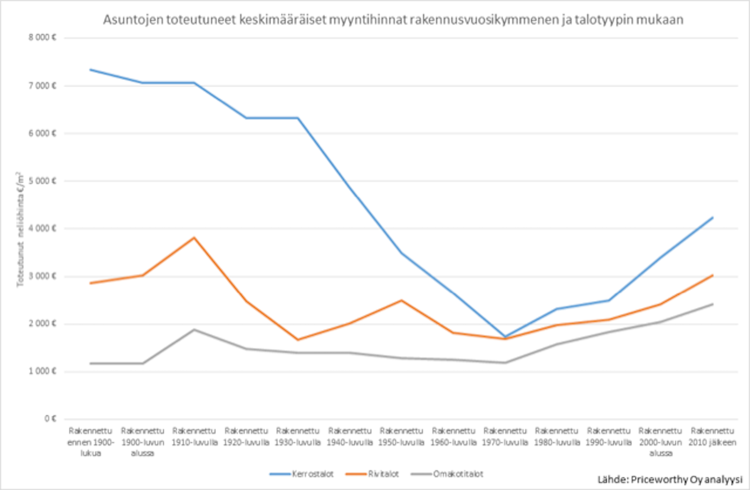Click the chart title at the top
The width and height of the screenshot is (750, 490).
[393, 20]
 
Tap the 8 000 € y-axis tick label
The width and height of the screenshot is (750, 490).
[42, 38]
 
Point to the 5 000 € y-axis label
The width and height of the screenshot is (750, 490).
[42, 181]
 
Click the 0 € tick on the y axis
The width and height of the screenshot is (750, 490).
[50, 419]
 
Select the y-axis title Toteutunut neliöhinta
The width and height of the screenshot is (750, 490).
[20, 229]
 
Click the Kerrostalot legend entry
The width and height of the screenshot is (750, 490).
[302, 474]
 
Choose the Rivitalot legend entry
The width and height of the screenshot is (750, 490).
[373, 474]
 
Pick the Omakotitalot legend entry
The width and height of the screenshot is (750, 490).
[448, 474]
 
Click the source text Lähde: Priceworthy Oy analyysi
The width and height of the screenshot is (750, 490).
[669, 480]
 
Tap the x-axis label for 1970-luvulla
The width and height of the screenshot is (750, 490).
[505, 437]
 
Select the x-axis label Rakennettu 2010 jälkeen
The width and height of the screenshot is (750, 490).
[712, 437]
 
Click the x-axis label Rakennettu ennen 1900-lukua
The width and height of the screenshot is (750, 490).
[91, 442]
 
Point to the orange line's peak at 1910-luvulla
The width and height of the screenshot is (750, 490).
[194, 237]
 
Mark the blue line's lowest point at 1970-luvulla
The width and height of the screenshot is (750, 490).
[505, 336]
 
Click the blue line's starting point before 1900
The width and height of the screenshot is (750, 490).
[91, 69]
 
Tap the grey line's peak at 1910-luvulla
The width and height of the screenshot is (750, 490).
[194, 329]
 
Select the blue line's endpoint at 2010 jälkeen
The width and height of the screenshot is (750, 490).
[712, 218]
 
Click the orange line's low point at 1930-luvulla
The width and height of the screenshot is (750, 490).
[298, 340]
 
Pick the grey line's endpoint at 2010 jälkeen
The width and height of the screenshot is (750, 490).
[712, 304]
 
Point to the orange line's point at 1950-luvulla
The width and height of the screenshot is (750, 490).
[401, 300]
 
